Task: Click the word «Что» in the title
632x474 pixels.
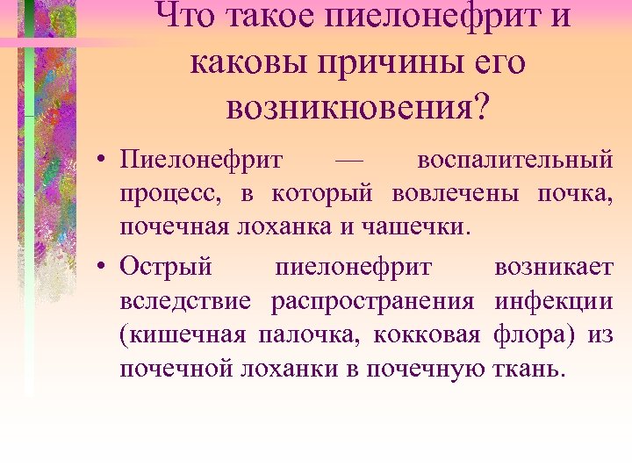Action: tap(192, 17)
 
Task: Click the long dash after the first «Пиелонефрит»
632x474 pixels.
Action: tap(349, 162)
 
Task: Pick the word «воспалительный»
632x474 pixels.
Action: tap(515, 162)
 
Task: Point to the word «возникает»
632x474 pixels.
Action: tap(554, 265)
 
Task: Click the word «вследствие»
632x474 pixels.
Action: tap(185, 299)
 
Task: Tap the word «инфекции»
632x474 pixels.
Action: tap(554, 299)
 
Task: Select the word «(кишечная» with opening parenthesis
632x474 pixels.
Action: tap(183, 334)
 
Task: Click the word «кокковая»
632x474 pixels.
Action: tap(427, 334)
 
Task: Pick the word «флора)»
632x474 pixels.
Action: tap(533, 334)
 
